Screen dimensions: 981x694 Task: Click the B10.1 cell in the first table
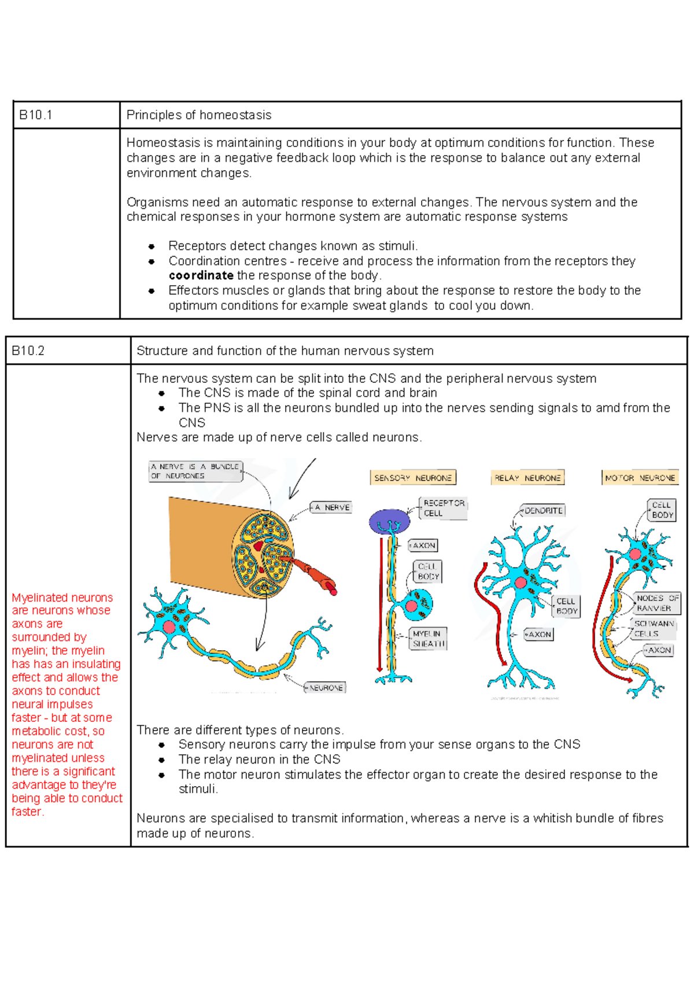point(36,115)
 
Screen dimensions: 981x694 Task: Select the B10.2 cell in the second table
point(28,351)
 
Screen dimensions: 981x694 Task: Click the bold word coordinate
point(201,275)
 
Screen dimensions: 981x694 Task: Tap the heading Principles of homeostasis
point(199,115)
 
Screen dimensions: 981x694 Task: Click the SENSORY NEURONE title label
point(413,478)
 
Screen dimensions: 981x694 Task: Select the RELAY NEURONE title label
point(527,478)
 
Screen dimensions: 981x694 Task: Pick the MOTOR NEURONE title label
point(640,478)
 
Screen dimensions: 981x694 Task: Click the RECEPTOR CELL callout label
point(444,508)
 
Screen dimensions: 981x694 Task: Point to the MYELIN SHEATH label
point(429,639)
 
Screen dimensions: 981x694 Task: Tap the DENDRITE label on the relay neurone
point(543,511)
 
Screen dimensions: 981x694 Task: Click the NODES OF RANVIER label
point(658,603)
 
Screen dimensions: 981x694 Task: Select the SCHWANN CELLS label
point(654,628)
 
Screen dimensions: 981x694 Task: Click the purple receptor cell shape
point(389,521)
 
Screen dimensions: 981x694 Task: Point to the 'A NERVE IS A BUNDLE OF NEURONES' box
point(194,471)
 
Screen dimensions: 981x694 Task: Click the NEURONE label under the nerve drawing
point(326,688)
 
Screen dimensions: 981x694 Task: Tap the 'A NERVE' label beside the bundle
point(332,507)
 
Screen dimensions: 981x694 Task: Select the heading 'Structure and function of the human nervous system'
point(285,351)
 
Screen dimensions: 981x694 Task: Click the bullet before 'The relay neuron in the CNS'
point(162,760)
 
